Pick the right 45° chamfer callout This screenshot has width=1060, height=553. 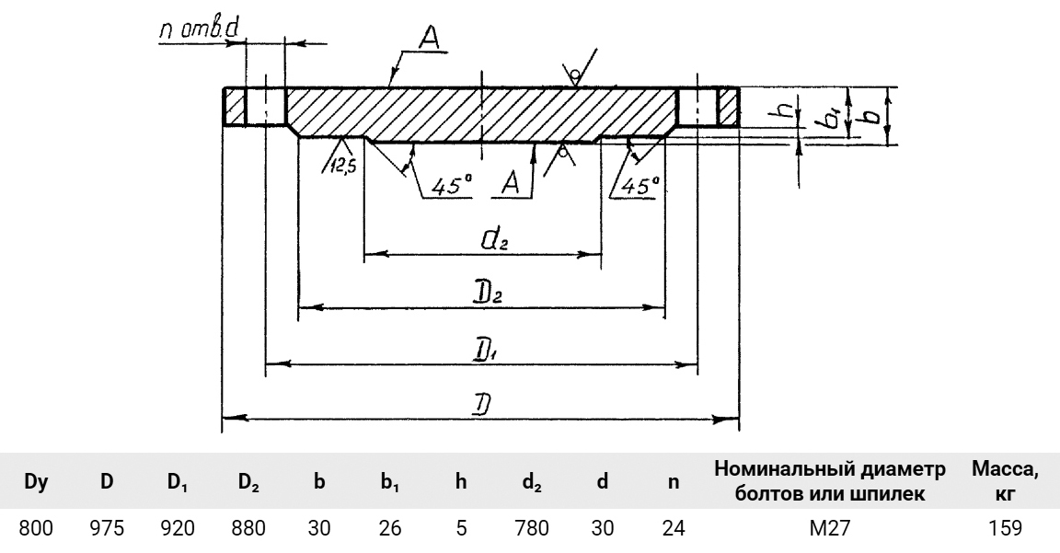click(x=637, y=184)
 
